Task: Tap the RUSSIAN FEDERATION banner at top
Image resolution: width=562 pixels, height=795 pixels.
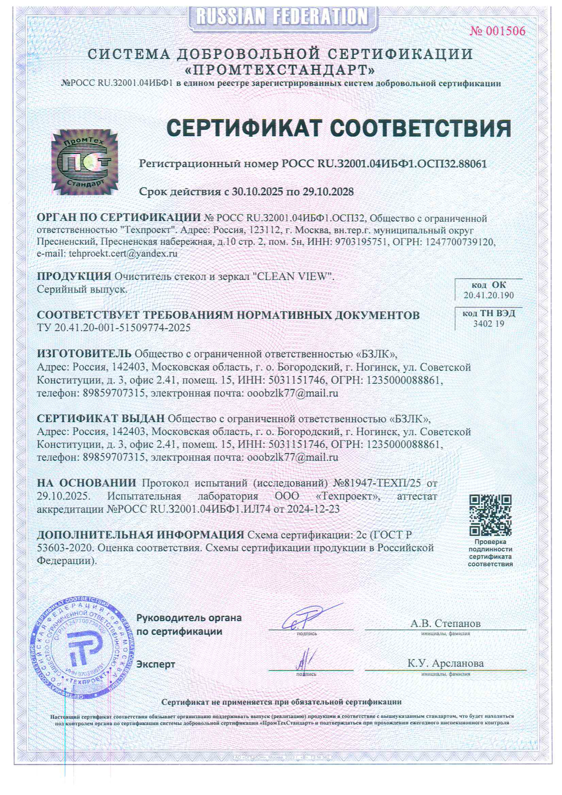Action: pyautogui.click(x=282, y=17)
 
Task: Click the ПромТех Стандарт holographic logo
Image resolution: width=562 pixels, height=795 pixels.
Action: pyautogui.click(x=85, y=162)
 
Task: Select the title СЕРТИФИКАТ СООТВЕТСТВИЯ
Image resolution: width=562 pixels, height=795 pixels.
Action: pyautogui.click(x=339, y=128)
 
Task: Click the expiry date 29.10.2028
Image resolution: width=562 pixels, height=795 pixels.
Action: pyautogui.click(x=328, y=192)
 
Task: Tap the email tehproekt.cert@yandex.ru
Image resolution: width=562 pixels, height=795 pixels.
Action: pyautogui.click(x=123, y=254)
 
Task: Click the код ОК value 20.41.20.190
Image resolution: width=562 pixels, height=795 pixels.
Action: pyautogui.click(x=488, y=295)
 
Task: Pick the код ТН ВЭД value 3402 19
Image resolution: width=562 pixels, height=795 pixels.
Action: pyautogui.click(x=488, y=324)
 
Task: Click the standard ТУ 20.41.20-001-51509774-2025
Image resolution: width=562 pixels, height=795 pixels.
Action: pyautogui.click(x=114, y=328)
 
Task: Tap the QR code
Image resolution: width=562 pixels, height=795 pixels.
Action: pyautogui.click(x=490, y=515)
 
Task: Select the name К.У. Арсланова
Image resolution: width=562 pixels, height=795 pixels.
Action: pyautogui.click(x=445, y=663)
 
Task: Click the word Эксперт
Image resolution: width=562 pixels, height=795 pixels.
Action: pyautogui.click(x=156, y=664)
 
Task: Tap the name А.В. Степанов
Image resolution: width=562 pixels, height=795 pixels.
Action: pyautogui.click(x=445, y=624)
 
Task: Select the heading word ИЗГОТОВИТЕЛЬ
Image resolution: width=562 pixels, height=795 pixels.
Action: pyautogui.click(x=84, y=353)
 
